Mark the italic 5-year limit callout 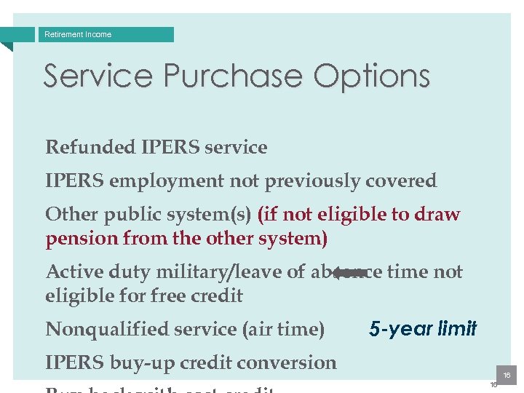[423, 329]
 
